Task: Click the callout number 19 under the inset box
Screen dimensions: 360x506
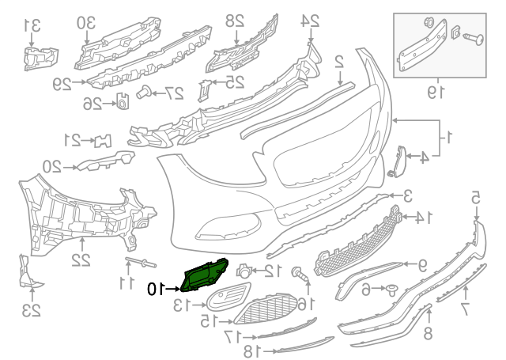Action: click(432, 93)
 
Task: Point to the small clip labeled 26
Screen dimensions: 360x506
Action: click(123, 101)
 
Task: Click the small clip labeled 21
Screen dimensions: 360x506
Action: click(103, 141)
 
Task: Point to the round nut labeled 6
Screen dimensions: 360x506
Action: click(390, 290)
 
